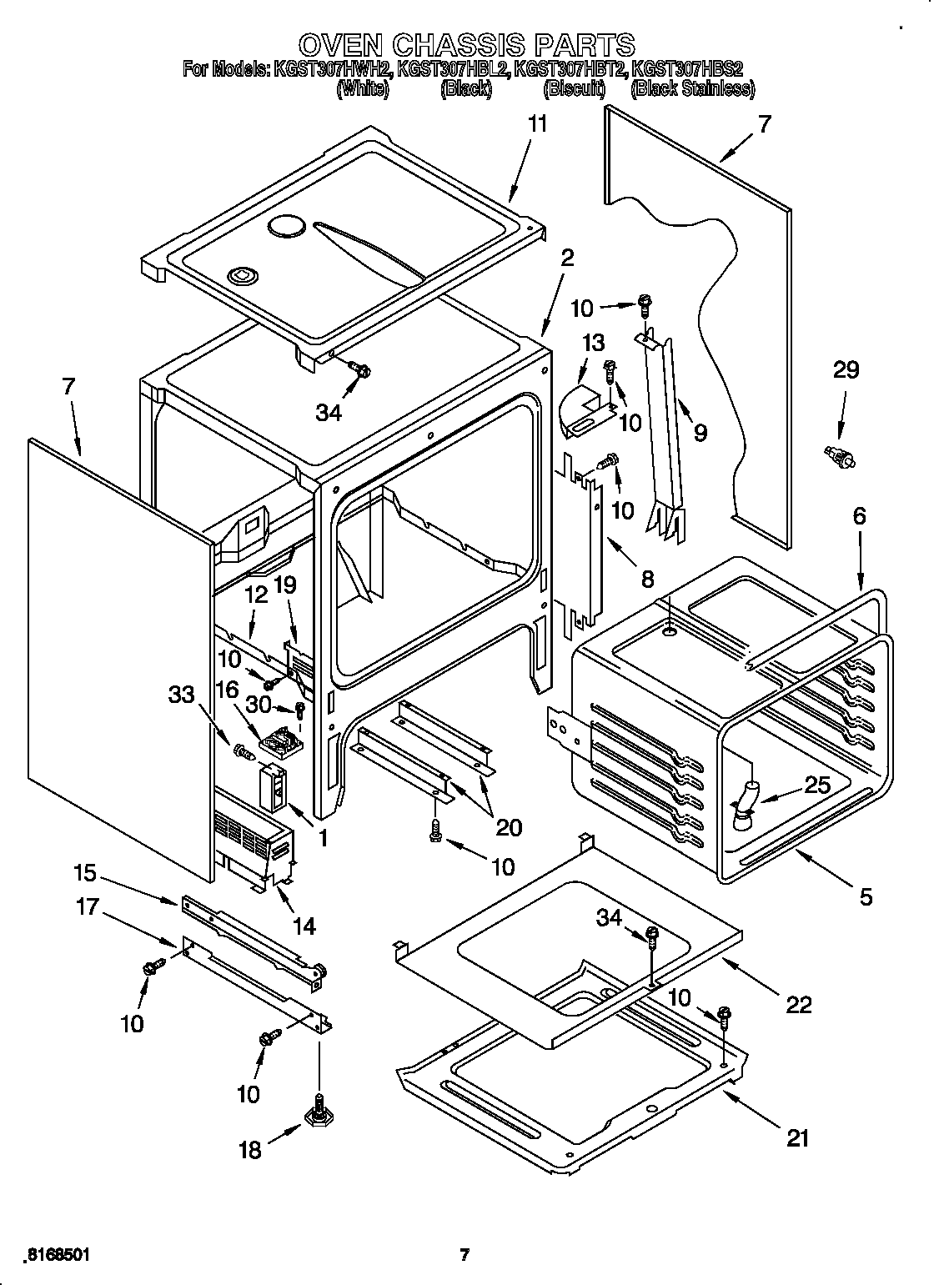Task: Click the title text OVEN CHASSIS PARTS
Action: click(466, 43)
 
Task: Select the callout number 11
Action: click(538, 123)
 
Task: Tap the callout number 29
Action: click(846, 369)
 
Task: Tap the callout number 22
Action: click(798, 1005)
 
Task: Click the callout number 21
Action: click(798, 1137)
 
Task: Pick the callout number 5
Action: click(866, 896)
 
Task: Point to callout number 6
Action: click(859, 516)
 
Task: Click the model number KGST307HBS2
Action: click(688, 70)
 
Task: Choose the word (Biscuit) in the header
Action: click(574, 88)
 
